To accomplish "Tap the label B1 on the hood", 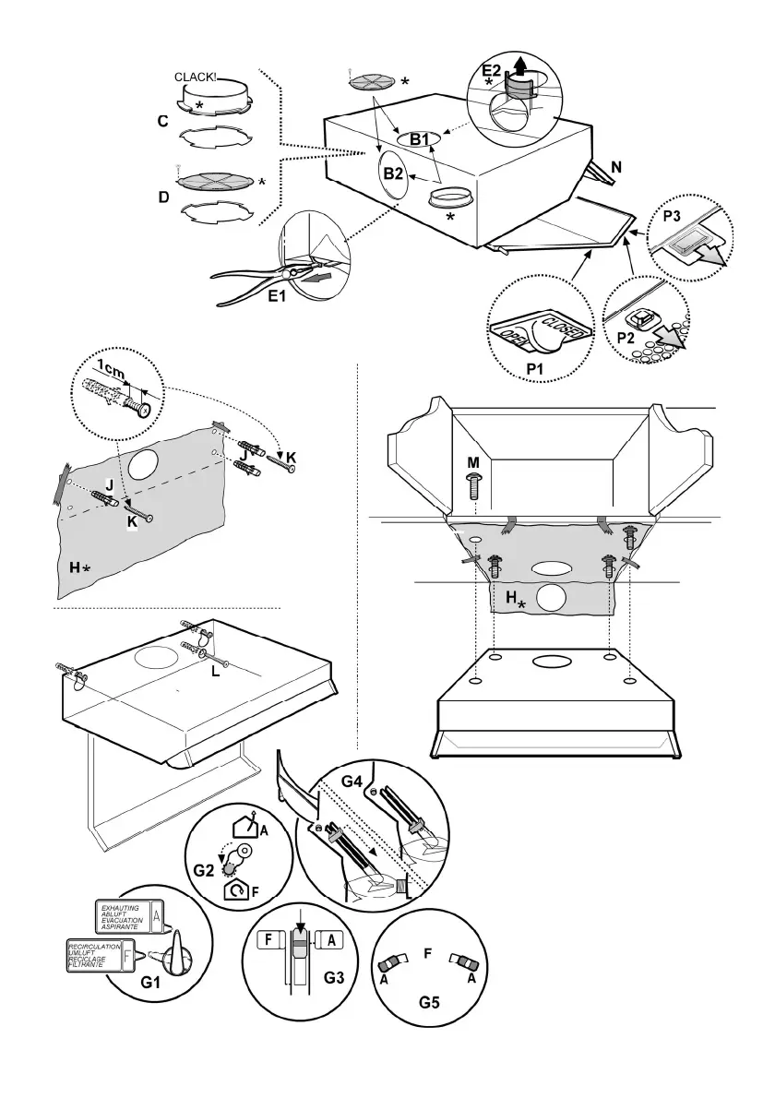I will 420,139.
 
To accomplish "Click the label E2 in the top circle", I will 492,70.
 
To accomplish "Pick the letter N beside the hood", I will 615,168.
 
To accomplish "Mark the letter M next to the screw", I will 472,461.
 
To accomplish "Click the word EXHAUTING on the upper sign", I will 118,909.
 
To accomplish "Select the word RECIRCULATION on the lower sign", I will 93,947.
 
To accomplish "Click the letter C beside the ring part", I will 162,121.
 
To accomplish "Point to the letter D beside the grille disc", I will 163,196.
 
